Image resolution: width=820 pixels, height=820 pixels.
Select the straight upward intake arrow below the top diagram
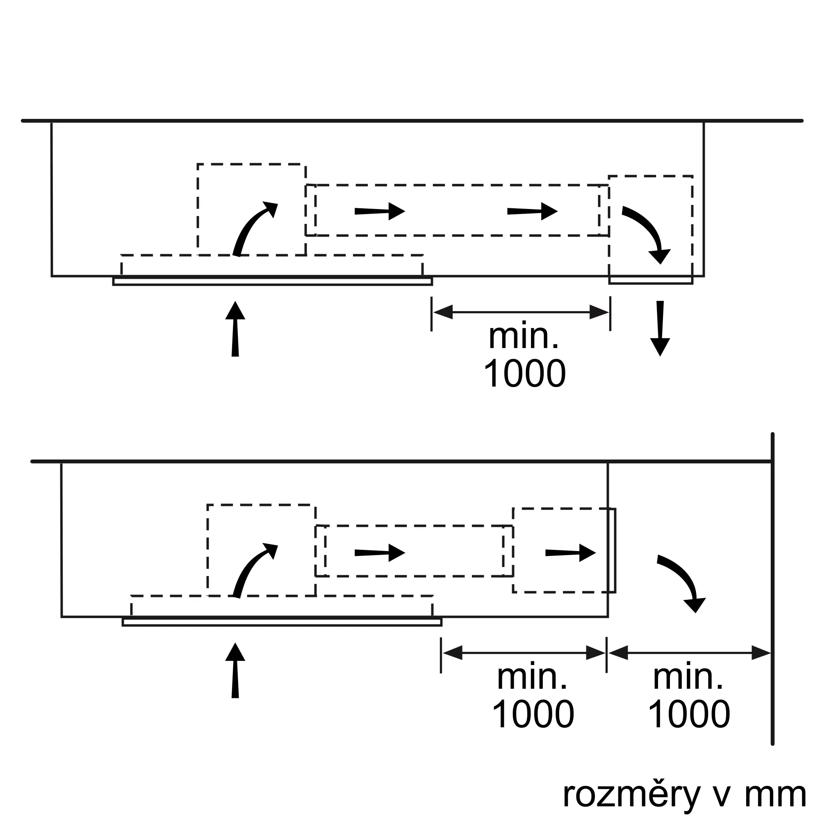tap(235, 329)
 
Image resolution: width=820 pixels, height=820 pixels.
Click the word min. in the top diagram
tap(523, 337)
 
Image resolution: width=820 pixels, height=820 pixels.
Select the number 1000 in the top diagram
tap(525, 374)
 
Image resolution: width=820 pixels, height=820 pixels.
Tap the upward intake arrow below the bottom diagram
tap(235, 670)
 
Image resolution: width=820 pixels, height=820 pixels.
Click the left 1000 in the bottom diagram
tap(533, 714)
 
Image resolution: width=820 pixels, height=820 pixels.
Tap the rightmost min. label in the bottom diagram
tap(688, 678)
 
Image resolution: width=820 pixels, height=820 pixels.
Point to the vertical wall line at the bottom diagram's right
tap(772, 594)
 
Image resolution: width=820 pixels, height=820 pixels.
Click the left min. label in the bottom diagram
tap(532, 678)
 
